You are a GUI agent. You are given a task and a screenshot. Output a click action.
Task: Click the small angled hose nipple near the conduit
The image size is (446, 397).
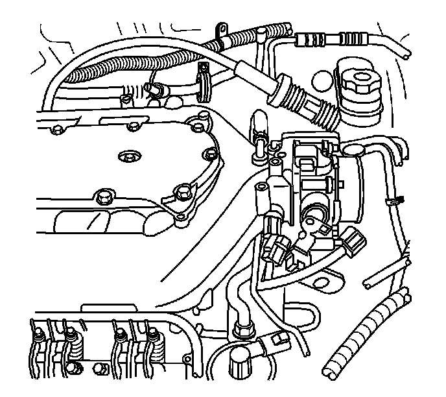(x=154, y=87)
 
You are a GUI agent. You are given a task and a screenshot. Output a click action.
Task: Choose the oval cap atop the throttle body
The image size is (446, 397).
(x=356, y=150)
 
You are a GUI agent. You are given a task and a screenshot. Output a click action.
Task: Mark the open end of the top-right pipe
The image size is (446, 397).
(x=405, y=54)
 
